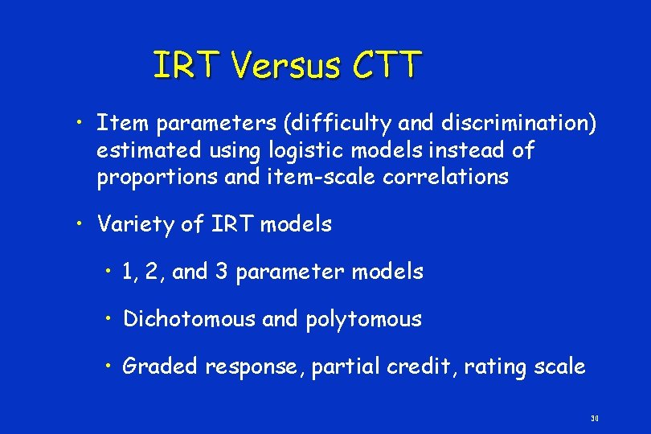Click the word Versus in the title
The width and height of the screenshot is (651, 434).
point(286,66)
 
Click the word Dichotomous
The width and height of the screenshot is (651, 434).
point(189,319)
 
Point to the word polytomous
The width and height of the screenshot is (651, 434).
point(363,319)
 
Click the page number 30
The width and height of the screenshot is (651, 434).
point(595,419)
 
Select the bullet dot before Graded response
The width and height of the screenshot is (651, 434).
point(108,366)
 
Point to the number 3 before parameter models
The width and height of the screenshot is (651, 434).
point(221,272)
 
